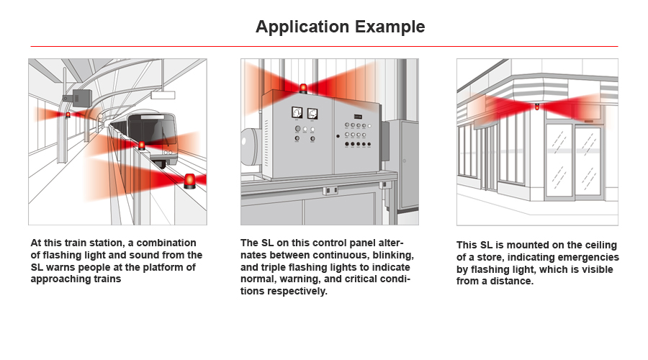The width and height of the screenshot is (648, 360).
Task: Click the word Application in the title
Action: click(x=302, y=27)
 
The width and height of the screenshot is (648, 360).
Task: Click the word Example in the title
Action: click(x=390, y=27)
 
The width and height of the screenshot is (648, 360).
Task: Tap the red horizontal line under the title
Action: click(x=324, y=46)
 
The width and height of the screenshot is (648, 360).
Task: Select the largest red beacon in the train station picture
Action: click(x=189, y=181)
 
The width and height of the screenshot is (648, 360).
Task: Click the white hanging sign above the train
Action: click(x=163, y=95)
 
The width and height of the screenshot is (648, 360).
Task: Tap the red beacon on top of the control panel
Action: click(x=303, y=89)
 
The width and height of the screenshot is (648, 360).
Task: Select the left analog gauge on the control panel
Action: click(x=297, y=112)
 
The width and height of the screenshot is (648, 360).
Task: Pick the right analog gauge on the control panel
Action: click(x=312, y=113)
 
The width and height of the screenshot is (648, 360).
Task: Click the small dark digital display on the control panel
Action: click(x=358, y=117)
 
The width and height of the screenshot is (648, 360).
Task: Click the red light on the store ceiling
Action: click(x=537, y=107)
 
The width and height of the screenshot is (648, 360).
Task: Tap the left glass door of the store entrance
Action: click(x=559, y=160)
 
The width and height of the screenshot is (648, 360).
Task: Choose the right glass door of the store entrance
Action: click(x=588, y=161)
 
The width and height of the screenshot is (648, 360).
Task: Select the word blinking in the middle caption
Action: click(x=393, y=256)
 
